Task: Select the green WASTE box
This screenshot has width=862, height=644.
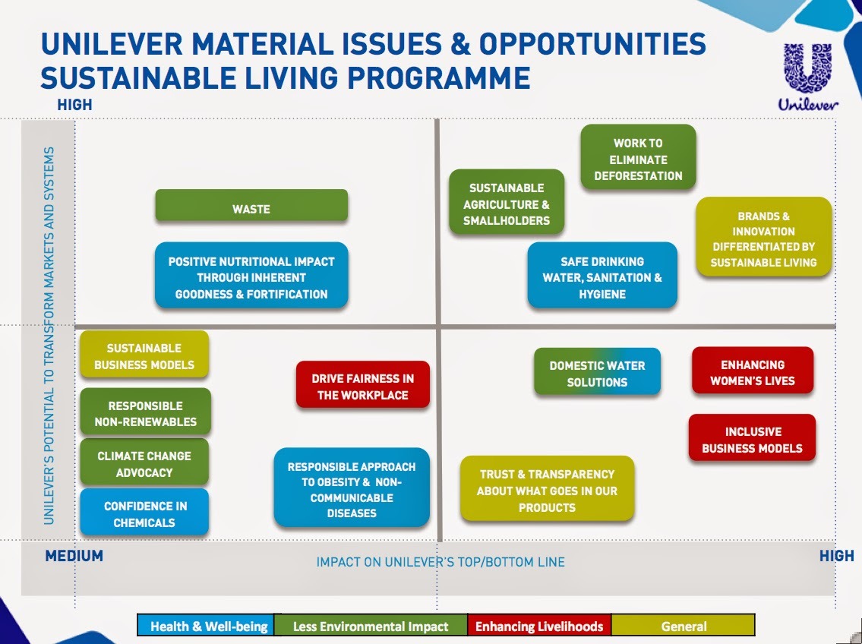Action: click(x=251, y=206)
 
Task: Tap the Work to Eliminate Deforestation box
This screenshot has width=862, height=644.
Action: click(x=638, y=157)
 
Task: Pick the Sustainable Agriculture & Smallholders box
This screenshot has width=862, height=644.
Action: click(x=507, y=202)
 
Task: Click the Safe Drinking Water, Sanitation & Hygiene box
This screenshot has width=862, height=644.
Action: click(x=602, y=275)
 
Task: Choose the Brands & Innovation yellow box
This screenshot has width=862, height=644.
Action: click(x=763, y=237)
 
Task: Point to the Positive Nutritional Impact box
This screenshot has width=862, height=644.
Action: click(x=251, y=275)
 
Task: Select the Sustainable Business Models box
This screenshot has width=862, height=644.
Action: click(x=144, y=355)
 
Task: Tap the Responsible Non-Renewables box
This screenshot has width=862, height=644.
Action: click(x=145, y=412)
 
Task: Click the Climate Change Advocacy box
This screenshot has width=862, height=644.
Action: click(x=144, y=462)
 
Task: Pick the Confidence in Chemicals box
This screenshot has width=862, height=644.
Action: click(x=144, y=512)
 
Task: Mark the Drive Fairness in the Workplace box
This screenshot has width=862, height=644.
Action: click(x=363, y=384)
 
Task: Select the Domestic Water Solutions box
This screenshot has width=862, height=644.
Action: click(x=597, y=371)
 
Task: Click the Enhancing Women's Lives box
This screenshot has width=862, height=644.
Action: click(x=752, y=371)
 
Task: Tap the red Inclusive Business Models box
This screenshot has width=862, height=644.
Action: click(x=752, y=438)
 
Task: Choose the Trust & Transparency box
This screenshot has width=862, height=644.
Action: click(x=547, y=488)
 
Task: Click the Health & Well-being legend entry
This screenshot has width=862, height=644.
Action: click(x=206, y=625)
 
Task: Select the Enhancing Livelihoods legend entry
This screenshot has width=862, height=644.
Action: click(x=539, y=625)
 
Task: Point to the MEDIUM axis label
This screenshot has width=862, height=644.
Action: click(x=74, y=556)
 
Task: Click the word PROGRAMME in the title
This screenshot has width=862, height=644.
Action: click(x=439, y=77)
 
